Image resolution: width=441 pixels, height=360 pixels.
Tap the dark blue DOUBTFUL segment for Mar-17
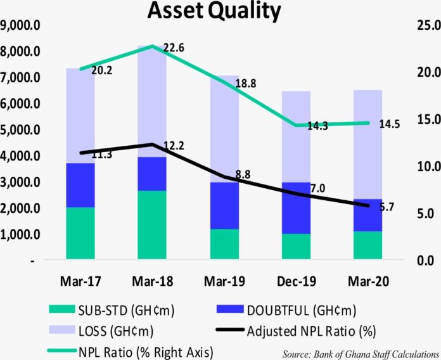click(80, 185)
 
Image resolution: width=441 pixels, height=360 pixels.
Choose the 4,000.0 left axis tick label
click(22, 156)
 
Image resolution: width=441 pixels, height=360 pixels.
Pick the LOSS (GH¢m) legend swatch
click(64, 330)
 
